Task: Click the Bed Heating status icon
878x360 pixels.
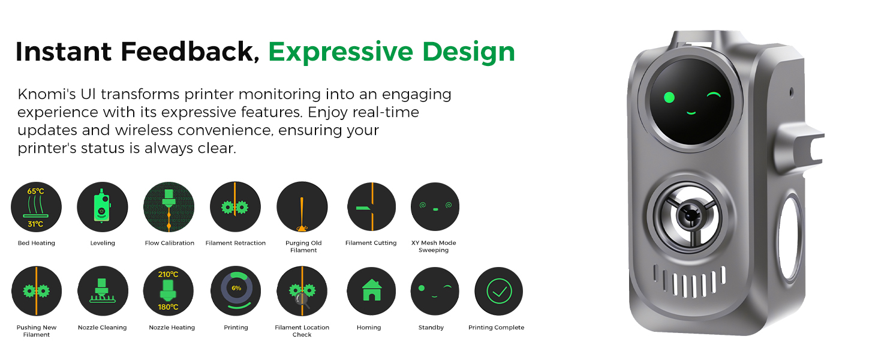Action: coord(36,207)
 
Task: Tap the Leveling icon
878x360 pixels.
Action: coord(103,207)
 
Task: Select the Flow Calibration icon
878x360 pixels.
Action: coord(169,207)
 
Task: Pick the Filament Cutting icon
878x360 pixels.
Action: coord(372,206)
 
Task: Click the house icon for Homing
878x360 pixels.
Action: coord(372,290)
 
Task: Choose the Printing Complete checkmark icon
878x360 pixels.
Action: coord(499,292)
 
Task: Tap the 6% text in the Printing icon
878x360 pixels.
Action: coord(236,288)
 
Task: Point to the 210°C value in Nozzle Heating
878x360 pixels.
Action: coord(168,275)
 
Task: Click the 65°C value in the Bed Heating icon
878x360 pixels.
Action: coord(35,191)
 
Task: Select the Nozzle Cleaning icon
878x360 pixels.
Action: coord(103,291)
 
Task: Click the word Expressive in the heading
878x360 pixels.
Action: coord(341,52)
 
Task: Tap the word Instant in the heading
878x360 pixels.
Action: coord(64,52)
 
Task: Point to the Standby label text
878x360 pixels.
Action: coord(431,328)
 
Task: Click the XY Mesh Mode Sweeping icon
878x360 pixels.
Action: coord(435,206)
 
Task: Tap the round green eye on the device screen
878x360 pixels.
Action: coord(669,97)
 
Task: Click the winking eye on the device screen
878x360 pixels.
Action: coord(714,95)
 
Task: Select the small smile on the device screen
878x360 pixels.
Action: coord(691,113)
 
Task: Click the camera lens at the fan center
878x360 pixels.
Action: coord(690,215)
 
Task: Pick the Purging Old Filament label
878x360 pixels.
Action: coord(303,247)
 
